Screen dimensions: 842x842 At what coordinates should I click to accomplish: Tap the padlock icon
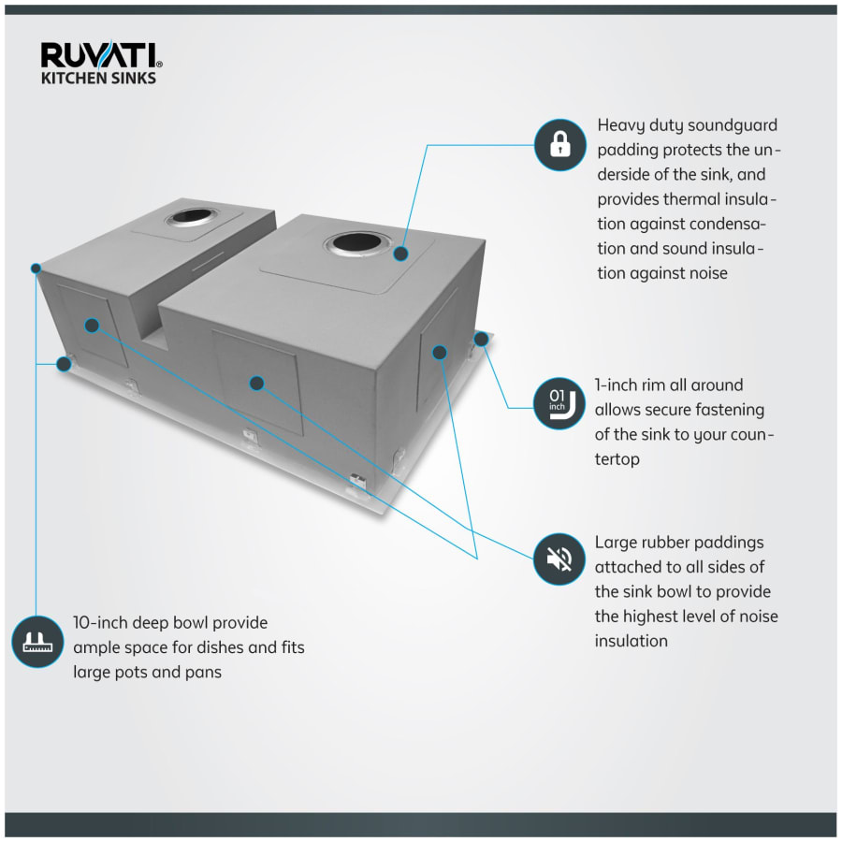tap(559, 145)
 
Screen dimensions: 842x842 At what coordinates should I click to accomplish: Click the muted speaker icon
tap(559, 559)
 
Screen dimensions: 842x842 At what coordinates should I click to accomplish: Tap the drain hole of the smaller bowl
tap(189, 221)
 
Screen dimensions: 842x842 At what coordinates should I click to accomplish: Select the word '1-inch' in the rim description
tap(617, 385)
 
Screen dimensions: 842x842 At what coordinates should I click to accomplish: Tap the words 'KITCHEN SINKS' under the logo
tap(98, 79)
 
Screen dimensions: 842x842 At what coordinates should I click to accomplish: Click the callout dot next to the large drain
tap(401, 253)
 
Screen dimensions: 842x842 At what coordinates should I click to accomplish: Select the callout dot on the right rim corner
tap(481, 338)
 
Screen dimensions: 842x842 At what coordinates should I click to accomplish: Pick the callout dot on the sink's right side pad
tap(439, 353)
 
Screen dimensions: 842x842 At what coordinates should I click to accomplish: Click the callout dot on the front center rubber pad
tap(256, 383)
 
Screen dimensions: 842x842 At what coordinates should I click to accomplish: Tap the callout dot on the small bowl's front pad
tap(91, 325)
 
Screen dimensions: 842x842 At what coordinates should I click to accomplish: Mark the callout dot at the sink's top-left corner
tap(36, 269)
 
